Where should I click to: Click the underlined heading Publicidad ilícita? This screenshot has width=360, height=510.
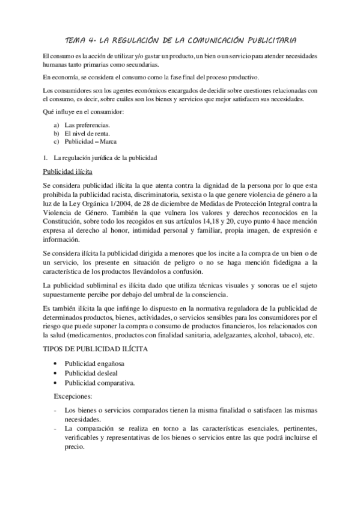click(67, 173)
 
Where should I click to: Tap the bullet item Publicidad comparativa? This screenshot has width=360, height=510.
click(99, 382)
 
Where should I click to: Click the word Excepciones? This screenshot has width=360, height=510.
click(73, 396)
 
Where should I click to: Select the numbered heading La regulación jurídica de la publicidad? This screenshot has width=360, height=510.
click(105, 158)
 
